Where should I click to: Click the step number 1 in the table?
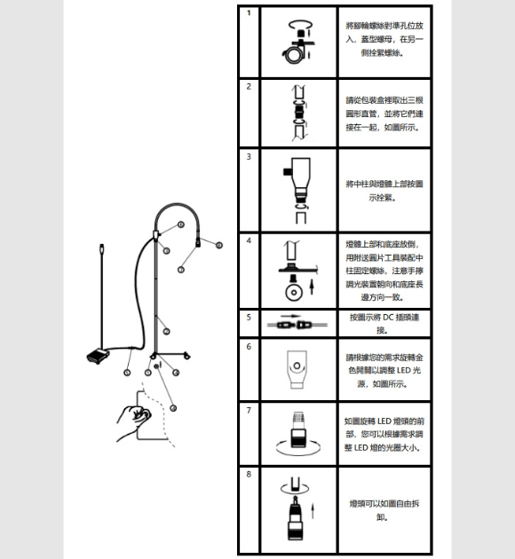(249, 13)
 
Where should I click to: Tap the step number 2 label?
(249, 87)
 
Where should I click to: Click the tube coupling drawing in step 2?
(299, 113)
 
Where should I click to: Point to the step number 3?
(249, 157)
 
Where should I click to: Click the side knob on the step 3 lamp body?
(288, 171)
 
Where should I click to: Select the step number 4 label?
(249, 240)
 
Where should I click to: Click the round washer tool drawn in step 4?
(294, 292)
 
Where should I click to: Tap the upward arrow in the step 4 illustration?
(312, 287)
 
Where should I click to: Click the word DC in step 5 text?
(388, 317)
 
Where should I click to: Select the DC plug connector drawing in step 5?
(297, 325)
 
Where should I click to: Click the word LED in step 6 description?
(403, 370)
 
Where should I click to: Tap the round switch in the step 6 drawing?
(297, 366)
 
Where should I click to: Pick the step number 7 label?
(249, 411)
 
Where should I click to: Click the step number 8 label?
(249, 475)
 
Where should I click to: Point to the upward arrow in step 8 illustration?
(313, 511)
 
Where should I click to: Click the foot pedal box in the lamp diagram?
(98, 356)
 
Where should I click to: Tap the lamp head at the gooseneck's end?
(198, 242)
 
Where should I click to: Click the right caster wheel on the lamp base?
(186, 356)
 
